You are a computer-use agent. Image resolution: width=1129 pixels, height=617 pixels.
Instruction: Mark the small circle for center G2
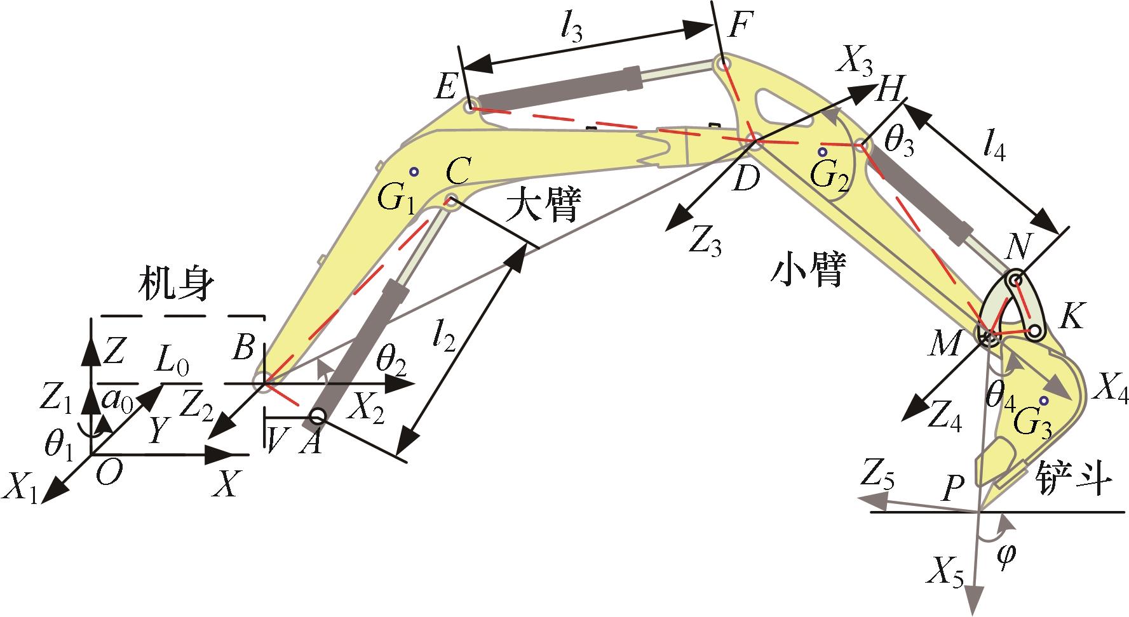pos(823,152)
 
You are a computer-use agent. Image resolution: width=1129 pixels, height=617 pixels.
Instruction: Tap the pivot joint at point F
pos(721,64)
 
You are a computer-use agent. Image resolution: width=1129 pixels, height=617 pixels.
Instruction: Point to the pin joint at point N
pos(1015,281)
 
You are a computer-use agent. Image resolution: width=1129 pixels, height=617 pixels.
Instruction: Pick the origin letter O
pos(109,474)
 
